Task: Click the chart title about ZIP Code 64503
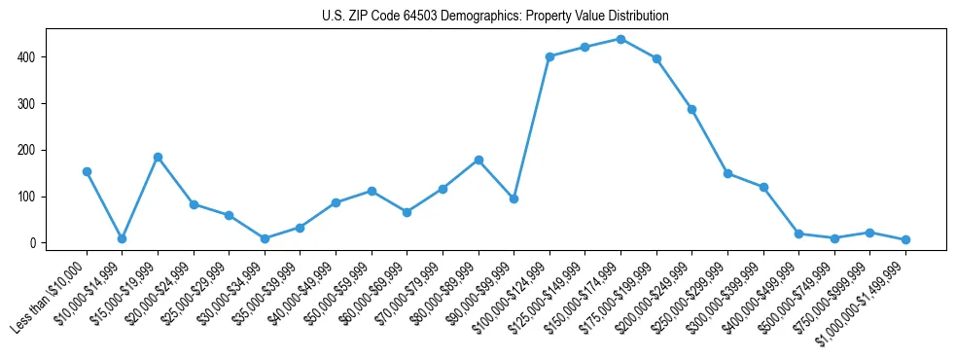(x=495, y=17)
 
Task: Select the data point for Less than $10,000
(x=87, y=171)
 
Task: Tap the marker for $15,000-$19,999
(x=158, y=157)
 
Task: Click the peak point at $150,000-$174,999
(x=620, y=39)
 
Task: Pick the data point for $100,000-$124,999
(x=549, y=56)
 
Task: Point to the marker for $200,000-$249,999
(x=691, y=109)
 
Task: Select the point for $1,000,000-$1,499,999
(x=905, y=239)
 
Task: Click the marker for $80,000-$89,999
(x=478, y=160)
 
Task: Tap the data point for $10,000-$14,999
(x=122, y=238)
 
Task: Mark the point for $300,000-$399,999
(x=763, y=187)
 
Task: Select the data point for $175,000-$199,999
(x=656, y=58)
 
